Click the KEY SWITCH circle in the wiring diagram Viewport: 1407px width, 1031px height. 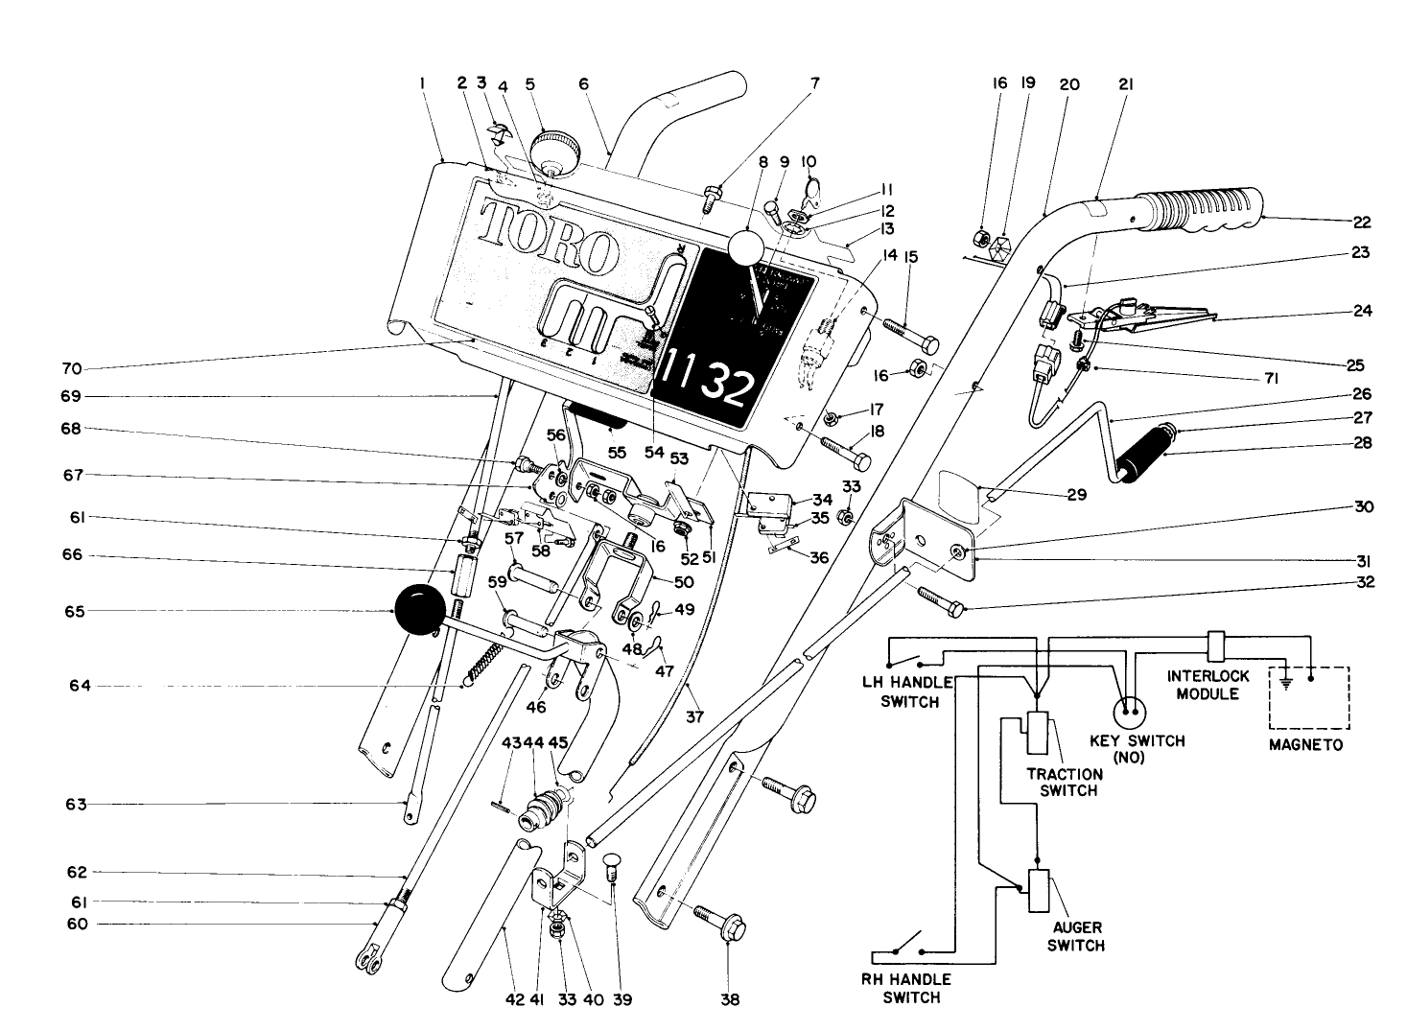1130,713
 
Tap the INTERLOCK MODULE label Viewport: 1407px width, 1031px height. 1208,684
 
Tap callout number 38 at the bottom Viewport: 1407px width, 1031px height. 730,999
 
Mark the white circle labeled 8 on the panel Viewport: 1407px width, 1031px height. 748,246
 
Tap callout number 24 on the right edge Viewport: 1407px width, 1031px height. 1364,311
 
